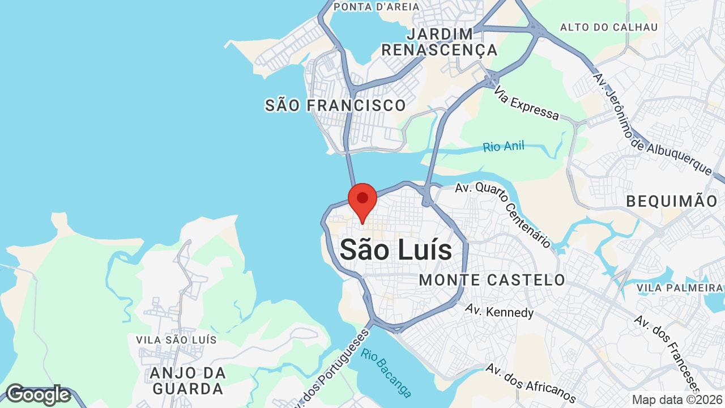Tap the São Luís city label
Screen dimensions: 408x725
click(x=396, y=250)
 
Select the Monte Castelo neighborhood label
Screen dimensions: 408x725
click(x=492, y=279)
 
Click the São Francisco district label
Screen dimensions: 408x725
click(x=335, y=105)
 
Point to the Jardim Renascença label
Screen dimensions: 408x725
click(x=440, y=42)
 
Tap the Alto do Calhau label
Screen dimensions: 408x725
click(x=609, y=27)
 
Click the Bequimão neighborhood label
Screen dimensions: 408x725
click(x=672, y=201)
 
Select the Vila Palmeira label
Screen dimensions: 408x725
click(x=680, y=288)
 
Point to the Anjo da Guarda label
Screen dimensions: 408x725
click(x=187, y=381)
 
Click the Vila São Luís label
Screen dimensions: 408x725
click(x=176, y=340)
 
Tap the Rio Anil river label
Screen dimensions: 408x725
click(x=504, y=147)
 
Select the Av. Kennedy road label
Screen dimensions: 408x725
click(x=499, y=311)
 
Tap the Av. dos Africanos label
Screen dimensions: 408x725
click(x=531, y=383)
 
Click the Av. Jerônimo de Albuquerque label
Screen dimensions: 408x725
click(x=651, y=123)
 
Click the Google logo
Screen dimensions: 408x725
click(x=37, y=394)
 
